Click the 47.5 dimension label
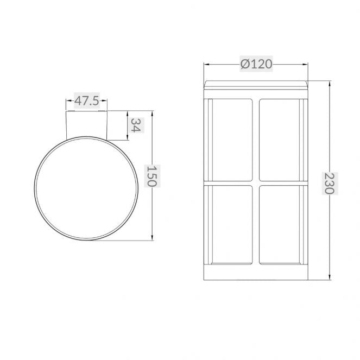pos(86,100)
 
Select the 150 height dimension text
pos(151,176)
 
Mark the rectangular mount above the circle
pos(86,124)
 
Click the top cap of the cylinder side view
pos(256,84)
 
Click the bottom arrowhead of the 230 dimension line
pos(330,278)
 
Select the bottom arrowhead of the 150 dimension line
pos(151,238)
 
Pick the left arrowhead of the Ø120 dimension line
pos(207,64)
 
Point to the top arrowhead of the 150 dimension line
pos(151,115)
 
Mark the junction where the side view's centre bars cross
pos(256,182)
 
